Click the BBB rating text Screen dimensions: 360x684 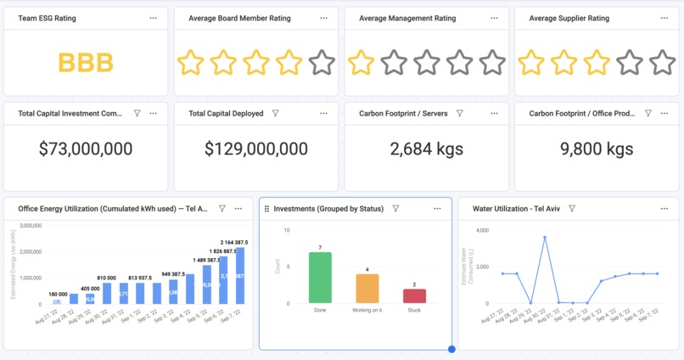(x=86, y=62)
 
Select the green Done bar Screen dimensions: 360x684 (x=320, y=278)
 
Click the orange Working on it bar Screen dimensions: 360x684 (x=367, y=289)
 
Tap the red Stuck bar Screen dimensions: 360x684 (x=414, y=295)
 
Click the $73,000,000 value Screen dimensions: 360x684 (x=86, y=149)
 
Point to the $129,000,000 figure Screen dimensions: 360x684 (x=256, y=149)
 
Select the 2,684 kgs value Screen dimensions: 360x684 (x=426, y=149)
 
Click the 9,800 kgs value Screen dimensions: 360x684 (x=597, y=149)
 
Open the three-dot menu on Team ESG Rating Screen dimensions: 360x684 (x=153, y=18)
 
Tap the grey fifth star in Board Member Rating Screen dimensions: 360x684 (x=322, y=62)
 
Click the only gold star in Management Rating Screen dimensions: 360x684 (x=361, y=62)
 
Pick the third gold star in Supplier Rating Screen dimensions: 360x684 (x=597, y=62)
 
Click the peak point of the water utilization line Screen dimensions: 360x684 (x=545, y=237)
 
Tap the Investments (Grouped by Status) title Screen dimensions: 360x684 (x=328, y=209)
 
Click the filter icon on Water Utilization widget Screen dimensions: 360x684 (x=572, y=208)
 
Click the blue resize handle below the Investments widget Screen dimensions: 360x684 (x=451, y=349)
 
